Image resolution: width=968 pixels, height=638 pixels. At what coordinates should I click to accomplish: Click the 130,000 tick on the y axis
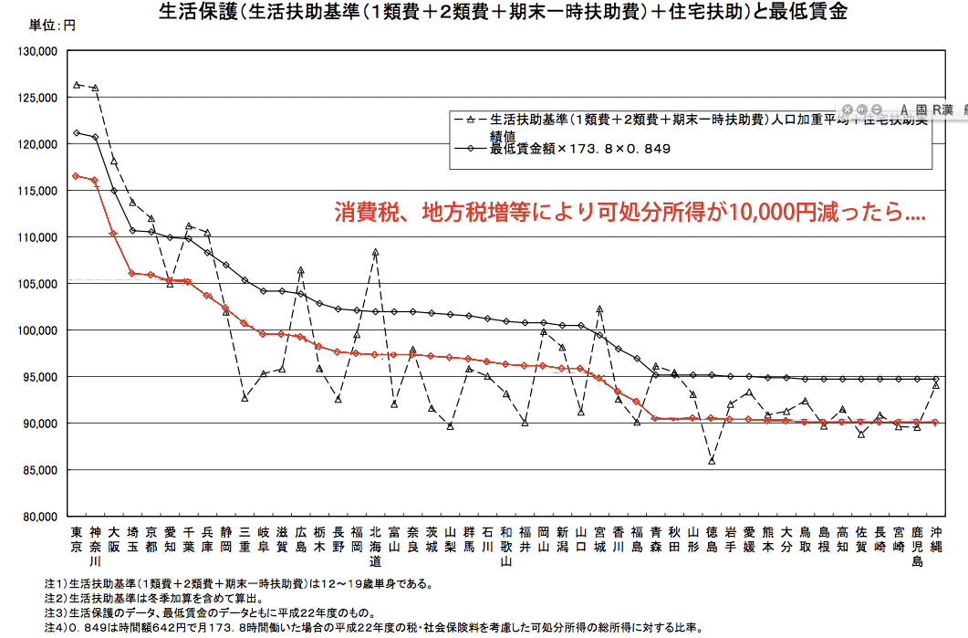click(37, 51)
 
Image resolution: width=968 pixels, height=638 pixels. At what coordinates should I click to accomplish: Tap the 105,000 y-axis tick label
click(37, 284)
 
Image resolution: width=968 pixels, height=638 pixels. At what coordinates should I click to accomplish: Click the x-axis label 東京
click(76, 539)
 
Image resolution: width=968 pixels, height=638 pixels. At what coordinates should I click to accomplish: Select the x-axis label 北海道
click(375, 545)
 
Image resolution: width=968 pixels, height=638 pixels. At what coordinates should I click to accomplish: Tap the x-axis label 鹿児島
click(917, 545)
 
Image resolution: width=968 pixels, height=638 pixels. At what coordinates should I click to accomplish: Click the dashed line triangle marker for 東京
click(77, 85)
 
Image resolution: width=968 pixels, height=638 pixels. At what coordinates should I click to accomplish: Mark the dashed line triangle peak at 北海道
click(375, 251)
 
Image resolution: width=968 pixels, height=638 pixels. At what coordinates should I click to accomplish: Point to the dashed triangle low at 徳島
click(712, 461)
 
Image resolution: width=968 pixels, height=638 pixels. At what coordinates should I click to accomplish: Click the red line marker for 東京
click(77, 175)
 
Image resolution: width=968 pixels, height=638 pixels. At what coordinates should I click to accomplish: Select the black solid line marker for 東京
click(77, 132)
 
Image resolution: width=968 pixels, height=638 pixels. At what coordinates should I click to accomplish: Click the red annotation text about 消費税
click(630, 214)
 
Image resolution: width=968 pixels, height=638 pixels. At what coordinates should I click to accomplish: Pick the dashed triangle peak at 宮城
click(599, 309)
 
